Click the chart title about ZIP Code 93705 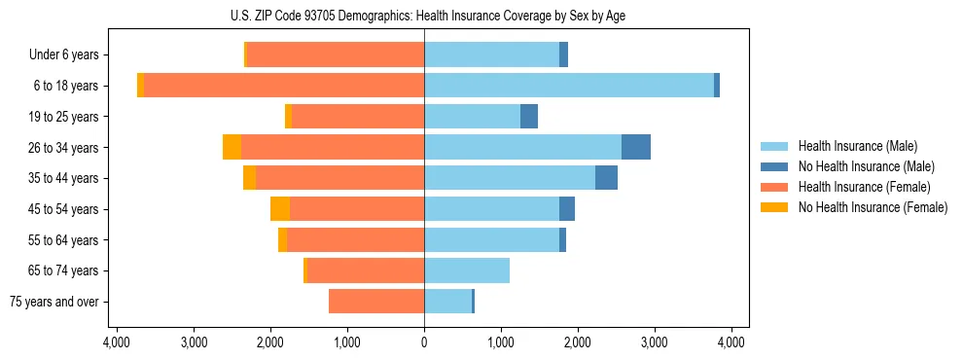(423, 16)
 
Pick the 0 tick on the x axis (424, 342)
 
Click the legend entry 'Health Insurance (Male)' (857, 146)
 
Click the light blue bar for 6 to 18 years (569, 86)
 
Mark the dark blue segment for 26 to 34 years (636, 147)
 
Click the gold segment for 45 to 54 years (280, 209)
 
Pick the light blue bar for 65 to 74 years (467, 270)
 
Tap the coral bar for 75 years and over (376, 302)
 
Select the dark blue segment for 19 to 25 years (529, 117)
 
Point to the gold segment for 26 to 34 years (232, 147)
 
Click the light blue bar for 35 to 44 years (510, 178)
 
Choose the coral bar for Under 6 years (336, 54)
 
